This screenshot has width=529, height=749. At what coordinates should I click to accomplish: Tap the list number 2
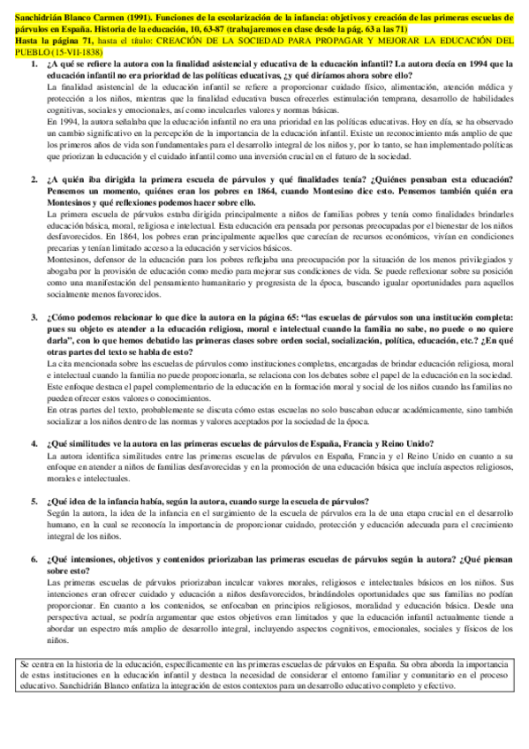[x=34, y=178]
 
